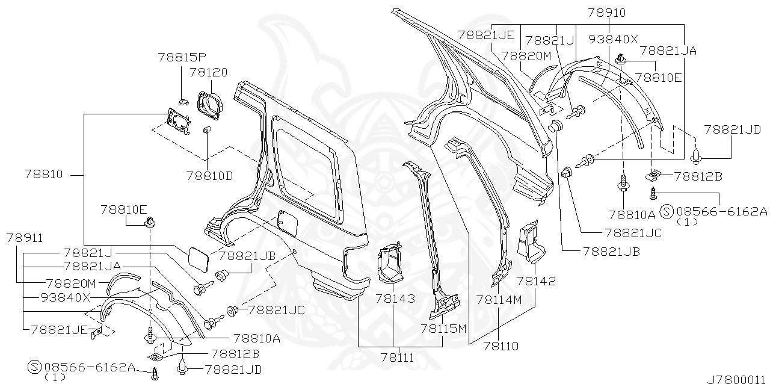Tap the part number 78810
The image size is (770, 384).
tap(43, 175)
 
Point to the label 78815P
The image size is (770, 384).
tap(182, 58)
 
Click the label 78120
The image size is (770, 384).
tap(208, 72)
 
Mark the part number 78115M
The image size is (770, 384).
tap(443, 328)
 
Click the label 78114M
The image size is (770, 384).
tap(499, 299)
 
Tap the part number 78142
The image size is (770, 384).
tap(535, 281)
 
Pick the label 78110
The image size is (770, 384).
tap(500, 346)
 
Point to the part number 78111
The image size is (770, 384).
tap(397, 358)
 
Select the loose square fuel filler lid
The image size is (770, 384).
tap(196, 258)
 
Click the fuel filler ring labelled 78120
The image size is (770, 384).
tap(209, 102)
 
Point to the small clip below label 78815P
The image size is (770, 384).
tap(184, 101)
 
